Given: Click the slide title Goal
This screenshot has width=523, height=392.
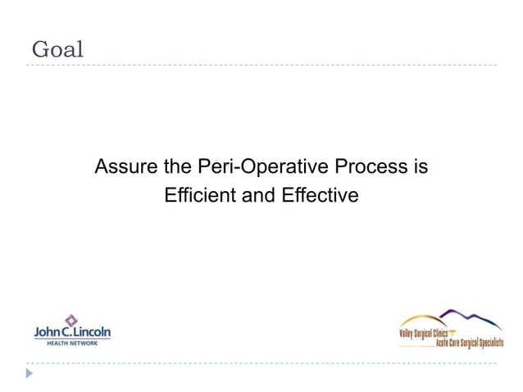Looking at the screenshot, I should pos(57,49).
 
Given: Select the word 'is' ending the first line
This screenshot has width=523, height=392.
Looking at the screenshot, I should pos(420,167).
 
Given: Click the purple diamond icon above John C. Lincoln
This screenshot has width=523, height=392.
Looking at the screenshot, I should pos(71,319).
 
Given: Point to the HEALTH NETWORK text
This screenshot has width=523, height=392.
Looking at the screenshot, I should pos(71,343).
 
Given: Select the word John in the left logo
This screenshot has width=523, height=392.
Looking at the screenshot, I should pos(45,332).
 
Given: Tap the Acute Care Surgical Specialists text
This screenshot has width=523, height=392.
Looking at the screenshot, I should pos(469,342).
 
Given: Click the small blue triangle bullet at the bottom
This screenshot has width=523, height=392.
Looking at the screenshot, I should pos(30,373).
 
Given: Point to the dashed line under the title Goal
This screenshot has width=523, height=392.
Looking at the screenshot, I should pos(262,65).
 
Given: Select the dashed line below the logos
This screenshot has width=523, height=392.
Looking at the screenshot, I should pos(262,362).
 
